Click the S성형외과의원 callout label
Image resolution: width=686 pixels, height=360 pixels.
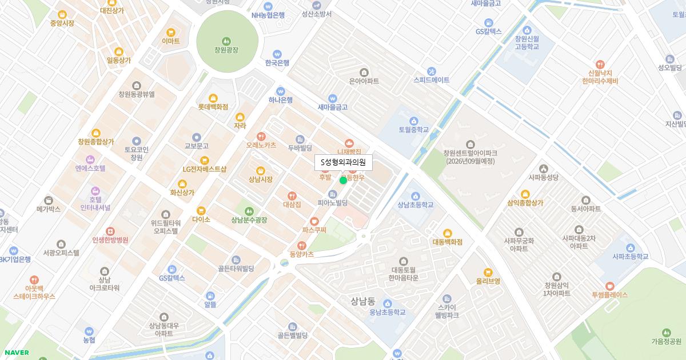coord(344,163)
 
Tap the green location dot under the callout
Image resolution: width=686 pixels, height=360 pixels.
coord(343,181)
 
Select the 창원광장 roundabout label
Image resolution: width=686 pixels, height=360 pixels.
coord(226,50)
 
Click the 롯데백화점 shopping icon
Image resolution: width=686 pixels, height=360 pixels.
coord(213,98)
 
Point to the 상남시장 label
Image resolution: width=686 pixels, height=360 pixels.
coord(261,179)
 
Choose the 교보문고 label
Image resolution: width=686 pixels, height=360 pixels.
coord(196,146)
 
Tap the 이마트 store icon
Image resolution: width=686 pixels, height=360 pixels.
coord(170,33)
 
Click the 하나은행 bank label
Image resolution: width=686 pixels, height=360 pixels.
coord(280,100)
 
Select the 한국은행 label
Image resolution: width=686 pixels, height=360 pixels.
coord(277,63)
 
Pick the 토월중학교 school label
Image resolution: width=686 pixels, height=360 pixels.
coord(414,130)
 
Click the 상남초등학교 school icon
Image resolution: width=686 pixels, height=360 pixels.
coord(416,196)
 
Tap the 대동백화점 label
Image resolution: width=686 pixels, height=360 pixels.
coord(447,242)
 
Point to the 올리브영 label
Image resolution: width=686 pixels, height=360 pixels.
coord(488,281)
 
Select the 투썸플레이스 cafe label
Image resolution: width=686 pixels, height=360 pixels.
coord(609,295)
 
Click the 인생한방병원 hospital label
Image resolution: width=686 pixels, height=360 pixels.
coord(110,240)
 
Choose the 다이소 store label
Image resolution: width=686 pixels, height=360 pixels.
coord(201,219)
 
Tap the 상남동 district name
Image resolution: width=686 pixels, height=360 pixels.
coord(363,301)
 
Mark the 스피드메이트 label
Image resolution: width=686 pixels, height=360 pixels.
coord(432,81)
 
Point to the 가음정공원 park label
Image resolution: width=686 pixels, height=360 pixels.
coord(666,342)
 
